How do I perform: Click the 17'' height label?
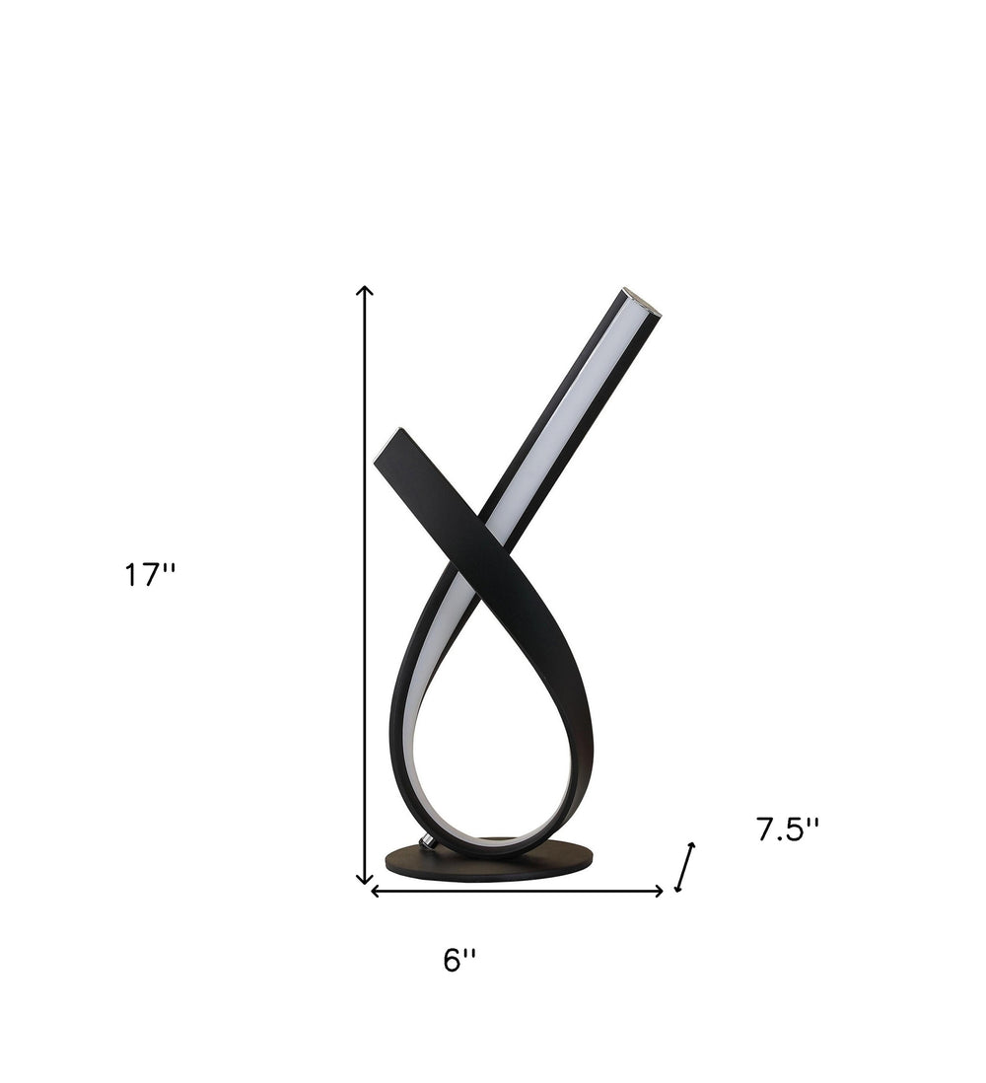(149, 575)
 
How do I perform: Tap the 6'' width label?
(458, 960)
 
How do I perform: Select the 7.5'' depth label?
(788, 830)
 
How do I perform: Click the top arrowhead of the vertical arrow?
(365, 290)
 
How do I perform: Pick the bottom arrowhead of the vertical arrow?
(365, 879)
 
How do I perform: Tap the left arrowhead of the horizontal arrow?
(375, 892)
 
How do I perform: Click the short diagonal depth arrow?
(684, 867)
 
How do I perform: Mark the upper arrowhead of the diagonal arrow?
(691, 847)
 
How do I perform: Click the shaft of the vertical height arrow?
(365, 592)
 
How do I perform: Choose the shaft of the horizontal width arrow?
(518, 892)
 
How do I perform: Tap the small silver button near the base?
(428, 841)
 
